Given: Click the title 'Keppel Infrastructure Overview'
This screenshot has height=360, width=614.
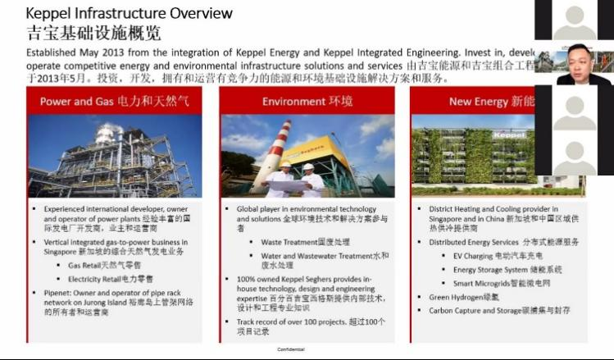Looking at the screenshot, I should [130, 13].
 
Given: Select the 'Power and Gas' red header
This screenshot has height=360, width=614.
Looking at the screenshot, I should [115, 102].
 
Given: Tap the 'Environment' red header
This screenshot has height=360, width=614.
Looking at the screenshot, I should [307, 102].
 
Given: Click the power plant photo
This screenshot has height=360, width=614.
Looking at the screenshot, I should [115, 156].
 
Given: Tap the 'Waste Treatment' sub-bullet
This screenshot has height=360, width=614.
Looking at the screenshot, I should [305, 243].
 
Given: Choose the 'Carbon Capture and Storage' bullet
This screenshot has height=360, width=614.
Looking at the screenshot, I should [499, 311].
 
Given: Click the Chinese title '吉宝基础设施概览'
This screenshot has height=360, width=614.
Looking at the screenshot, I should [93, 33].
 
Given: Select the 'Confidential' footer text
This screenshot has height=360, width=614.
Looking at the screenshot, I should [291, 349].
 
